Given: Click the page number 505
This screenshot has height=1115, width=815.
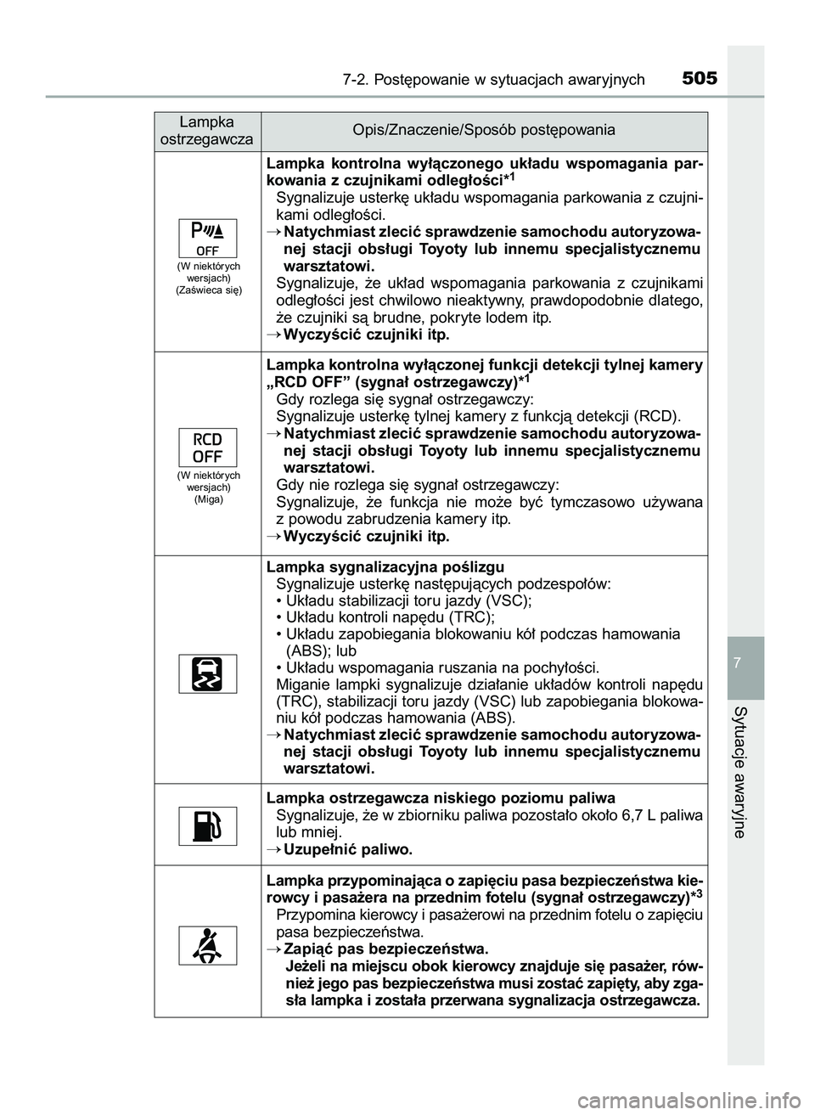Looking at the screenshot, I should (x=700, y=79).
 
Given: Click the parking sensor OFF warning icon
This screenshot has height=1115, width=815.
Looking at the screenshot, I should (x=208, y=237).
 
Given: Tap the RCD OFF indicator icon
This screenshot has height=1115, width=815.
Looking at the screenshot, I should (x=208, y=447).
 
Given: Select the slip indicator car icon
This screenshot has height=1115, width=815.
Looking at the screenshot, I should (x=208, y=674).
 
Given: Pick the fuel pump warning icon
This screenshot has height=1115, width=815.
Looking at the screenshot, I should (x=208, y=825).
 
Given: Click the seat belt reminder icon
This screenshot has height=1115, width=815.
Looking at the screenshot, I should (x=208, y=945).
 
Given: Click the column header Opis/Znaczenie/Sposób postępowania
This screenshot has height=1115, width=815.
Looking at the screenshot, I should (x=484, y=130).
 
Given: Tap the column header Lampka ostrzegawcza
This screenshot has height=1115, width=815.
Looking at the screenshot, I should (x=207, y=130).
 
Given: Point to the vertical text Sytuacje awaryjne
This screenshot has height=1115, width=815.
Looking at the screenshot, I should (x=745, y=771).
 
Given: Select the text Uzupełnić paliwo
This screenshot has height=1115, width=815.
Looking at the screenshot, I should (x=348, y=849).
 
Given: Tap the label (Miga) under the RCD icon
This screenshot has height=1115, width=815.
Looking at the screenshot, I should (x=208, y=499).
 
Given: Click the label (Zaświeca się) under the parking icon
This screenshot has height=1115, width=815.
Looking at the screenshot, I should (x=208, y=290).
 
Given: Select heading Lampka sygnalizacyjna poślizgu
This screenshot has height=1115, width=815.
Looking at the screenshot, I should (x=385, y=566).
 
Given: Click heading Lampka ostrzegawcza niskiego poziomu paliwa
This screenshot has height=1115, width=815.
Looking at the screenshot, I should (x=441, y=798).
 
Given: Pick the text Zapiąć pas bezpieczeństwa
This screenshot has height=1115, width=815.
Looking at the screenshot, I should (x=386, y=949).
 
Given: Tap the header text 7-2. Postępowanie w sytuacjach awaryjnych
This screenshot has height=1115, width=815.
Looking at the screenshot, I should (x=494, y=80).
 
